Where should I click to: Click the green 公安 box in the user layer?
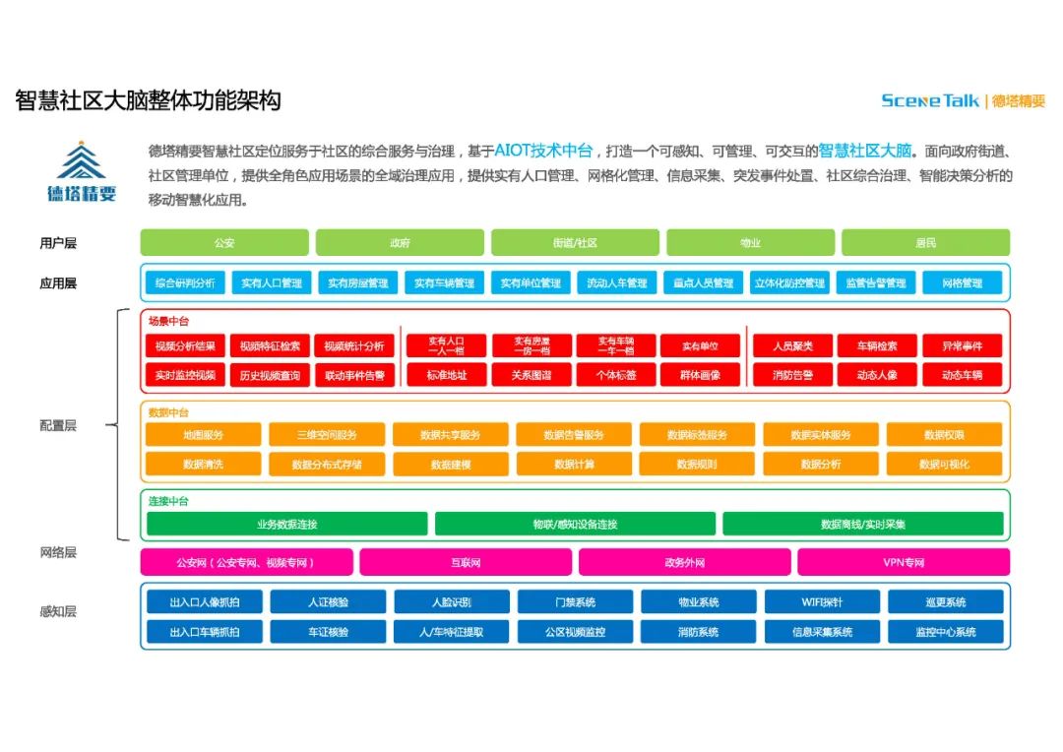[224, 243]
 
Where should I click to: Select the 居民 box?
[925, 243]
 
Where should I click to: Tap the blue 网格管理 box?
[962, 283]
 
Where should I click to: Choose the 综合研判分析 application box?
[185, 283]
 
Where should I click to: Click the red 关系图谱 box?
[531, 375]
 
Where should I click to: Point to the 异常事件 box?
[962, 346]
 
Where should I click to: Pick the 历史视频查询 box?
[270, 375]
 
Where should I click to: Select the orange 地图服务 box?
[204, 435]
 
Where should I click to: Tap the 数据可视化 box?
[944, 464]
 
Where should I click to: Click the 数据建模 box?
[451, 464]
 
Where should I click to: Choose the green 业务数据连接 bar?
[287, 525]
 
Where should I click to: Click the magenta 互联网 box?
[466, 563]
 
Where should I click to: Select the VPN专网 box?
[904, 563]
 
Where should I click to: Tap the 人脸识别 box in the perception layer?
[452, 602]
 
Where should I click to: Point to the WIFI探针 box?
[822, 602]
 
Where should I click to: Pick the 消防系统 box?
[699, 632]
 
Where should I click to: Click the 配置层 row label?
[57, 426]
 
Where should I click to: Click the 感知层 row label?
[57, 611]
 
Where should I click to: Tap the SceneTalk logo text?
[930, 100]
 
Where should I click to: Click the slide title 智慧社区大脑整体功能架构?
[149, 100]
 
